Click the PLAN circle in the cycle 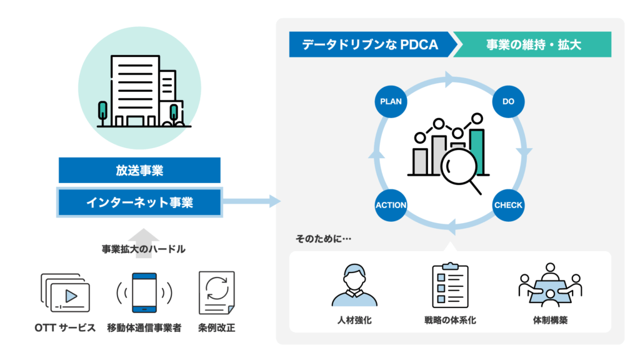391,101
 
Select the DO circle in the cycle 508,101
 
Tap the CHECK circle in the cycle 508,204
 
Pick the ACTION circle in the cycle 391,204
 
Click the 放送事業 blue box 139,170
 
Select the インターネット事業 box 139,202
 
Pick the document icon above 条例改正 216,292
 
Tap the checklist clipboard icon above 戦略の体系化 450,285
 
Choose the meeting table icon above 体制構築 550,285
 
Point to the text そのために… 323,238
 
